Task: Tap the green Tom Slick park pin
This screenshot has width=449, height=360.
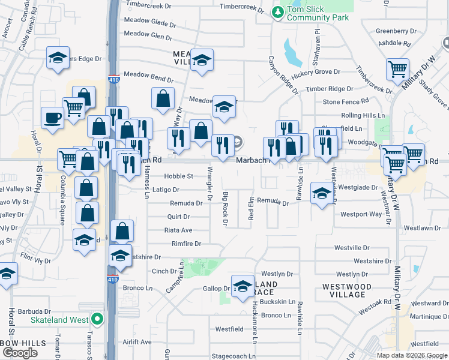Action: click(x=278, y=11)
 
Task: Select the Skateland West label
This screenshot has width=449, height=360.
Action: click(x=59, y=319)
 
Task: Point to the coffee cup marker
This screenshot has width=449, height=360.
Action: click(x=52, y=118)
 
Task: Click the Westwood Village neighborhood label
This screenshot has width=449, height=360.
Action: click(x=347, y=290)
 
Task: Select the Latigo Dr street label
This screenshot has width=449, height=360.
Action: click(x=166, y=190)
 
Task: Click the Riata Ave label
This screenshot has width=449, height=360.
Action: click(x=178, y=230)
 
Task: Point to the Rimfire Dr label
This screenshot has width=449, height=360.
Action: click(x=186, y=244)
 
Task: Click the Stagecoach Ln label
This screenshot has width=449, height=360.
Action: click(x=225, y=355)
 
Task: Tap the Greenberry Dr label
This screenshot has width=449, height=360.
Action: click(x=396, y=31)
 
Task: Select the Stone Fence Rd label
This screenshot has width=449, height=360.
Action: click(x=346, y=102)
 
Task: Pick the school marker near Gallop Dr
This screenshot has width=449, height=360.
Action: click(x=243, y=286)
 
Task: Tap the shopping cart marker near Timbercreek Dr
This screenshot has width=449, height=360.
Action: click(x=397, y=70)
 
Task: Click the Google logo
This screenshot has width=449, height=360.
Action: click(x=21, y=353)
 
